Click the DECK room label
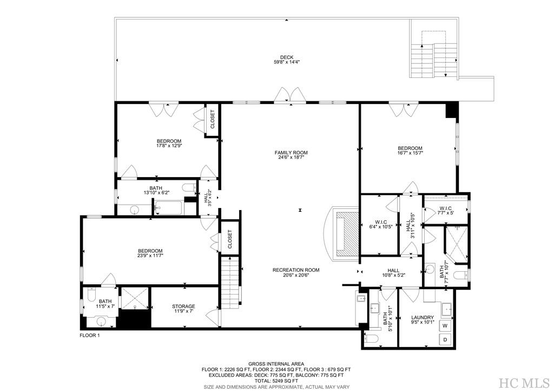(x=286, y=57)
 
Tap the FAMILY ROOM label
(x=291, y=153)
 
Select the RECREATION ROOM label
(x=295, y=270)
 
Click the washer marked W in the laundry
(x=445, y=326)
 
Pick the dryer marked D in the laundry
(x=445, y=339)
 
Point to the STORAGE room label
(x=183, y=306)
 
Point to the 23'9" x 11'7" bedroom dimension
(x=150, y=256)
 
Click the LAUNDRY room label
(x=423, y=317)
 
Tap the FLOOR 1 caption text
(x=90, y=336)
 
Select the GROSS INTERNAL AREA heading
(x=276, y=364)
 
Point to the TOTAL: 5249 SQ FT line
(x=276, y=381)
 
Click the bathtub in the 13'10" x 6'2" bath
(x=169, y=206)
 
